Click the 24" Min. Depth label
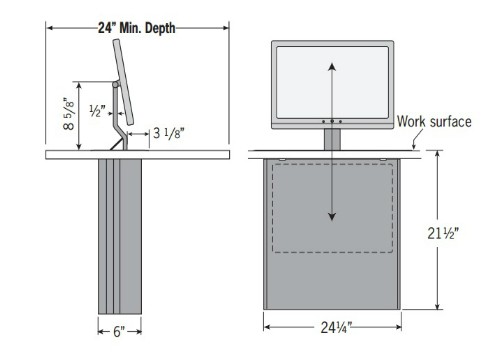(x=137, y=28)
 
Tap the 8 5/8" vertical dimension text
(x=69, y=114)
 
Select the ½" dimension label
(x=97, y=111)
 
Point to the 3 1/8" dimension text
(x=169, y=133)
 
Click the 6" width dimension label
(x=119, y=332)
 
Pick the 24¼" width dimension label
(x=336, y=327)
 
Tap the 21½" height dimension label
(x=443, y=233)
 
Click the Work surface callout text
(x=434, y=121)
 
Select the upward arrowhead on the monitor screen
(x=332, y=67)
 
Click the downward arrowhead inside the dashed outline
(x=332, y=217)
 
